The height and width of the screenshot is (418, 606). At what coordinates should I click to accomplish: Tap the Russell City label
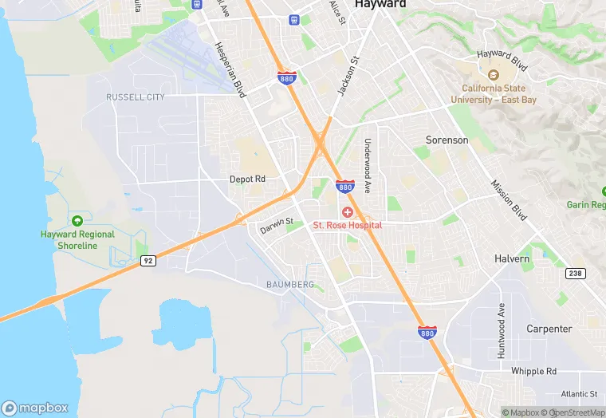click(x=136, y=97)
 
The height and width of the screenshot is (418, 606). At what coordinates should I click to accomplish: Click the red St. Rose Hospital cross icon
click(x=348, y=212)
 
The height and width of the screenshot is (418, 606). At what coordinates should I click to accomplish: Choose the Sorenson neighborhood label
click(x=447, y=140)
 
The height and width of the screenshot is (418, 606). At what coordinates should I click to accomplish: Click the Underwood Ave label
click(x=368, y=166)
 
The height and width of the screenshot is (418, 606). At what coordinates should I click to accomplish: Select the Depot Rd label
click(x=247, y=179)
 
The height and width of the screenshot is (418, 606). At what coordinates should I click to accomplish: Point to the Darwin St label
click(x=277, y=227)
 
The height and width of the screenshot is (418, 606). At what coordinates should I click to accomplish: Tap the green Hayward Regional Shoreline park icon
click(x=77, y=221)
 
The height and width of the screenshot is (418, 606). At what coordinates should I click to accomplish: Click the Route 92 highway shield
click(x=147, y=260)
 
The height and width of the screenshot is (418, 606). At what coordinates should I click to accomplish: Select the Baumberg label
click(x=290, y=285)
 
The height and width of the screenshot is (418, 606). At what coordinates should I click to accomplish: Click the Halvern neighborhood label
click(x=512, y=259)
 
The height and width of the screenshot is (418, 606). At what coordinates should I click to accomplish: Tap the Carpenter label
click(x=549, y=329)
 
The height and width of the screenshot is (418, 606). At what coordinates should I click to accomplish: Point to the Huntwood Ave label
click(x=502, y=330)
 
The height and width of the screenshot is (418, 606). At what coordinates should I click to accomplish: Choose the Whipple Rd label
click(x=533, y=372)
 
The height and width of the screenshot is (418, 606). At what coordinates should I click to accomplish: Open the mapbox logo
click(x=35, y=408)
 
